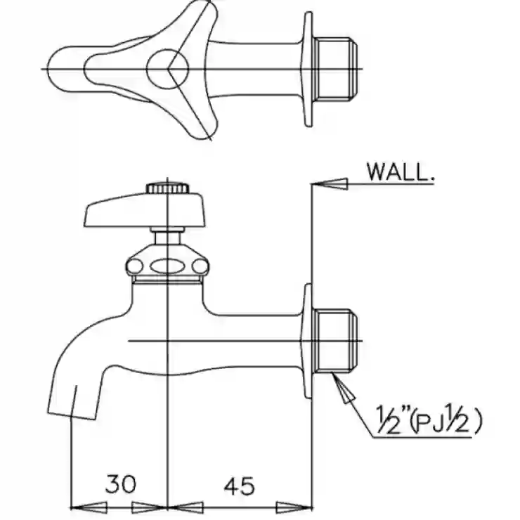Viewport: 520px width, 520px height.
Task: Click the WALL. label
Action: [401, 171]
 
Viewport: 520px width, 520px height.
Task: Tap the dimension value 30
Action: [121, 484]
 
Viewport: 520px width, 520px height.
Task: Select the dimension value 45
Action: [240, 486]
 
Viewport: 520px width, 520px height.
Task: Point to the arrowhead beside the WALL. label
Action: [330, 184]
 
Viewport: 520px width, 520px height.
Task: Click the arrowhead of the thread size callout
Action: [344, 388]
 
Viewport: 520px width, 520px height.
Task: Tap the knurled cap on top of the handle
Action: [168, 188]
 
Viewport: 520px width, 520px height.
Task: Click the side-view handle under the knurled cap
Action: [145, 211]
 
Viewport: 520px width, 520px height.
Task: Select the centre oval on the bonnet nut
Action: [167, 266]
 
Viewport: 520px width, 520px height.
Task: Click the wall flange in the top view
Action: [307, 70]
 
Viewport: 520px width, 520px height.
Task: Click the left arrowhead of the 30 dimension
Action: [89, 507]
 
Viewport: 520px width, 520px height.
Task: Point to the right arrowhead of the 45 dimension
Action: [294, 507]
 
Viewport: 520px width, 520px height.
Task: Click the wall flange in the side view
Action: [307, 341]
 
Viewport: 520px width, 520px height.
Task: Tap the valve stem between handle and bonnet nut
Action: [167, 237]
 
